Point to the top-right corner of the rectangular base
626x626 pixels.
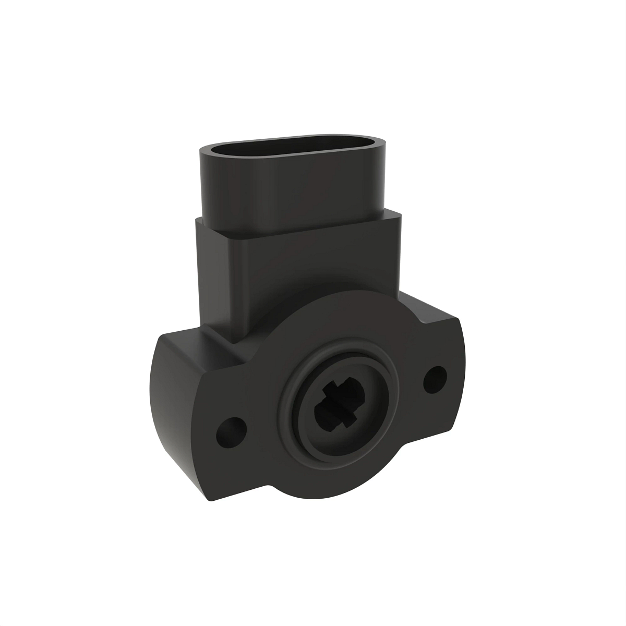[400, 213]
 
